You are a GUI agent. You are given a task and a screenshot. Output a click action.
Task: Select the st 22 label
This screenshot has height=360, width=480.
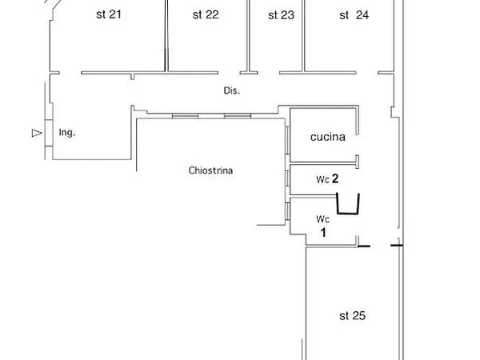(x=206, y=14)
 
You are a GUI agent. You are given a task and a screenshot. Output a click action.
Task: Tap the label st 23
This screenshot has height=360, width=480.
(x=281, y=14)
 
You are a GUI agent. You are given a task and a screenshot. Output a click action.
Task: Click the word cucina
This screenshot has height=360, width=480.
(x=327, y=137)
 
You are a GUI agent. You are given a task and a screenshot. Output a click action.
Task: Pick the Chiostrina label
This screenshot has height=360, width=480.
(x=211, y=170)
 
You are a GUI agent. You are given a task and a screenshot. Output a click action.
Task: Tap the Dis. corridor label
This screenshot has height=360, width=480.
(x=232, y=91)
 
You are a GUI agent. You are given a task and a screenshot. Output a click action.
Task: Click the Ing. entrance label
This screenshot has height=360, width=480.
(x=67, y=133)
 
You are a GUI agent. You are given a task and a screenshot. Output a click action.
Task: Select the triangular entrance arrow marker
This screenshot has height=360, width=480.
(x=35, y=133)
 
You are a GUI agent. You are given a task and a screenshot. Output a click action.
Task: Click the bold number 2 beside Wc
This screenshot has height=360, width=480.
(x=336, y=179)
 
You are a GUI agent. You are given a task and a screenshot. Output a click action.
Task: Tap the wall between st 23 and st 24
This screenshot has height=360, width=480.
(x=303, y=36)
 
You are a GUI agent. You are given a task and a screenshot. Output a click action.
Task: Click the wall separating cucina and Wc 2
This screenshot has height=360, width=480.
(x=324, y=164)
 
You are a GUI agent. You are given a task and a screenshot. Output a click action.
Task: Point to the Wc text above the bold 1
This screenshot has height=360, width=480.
(x=322, y=218)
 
